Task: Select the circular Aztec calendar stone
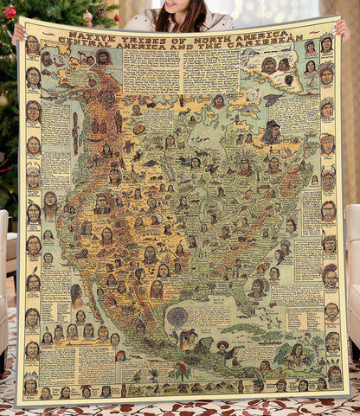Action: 177,316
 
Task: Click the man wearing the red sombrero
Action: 222,348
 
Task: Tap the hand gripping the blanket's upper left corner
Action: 19,32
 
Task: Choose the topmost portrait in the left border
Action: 33,46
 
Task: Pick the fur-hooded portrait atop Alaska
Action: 103,57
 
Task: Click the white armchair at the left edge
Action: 4,259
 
